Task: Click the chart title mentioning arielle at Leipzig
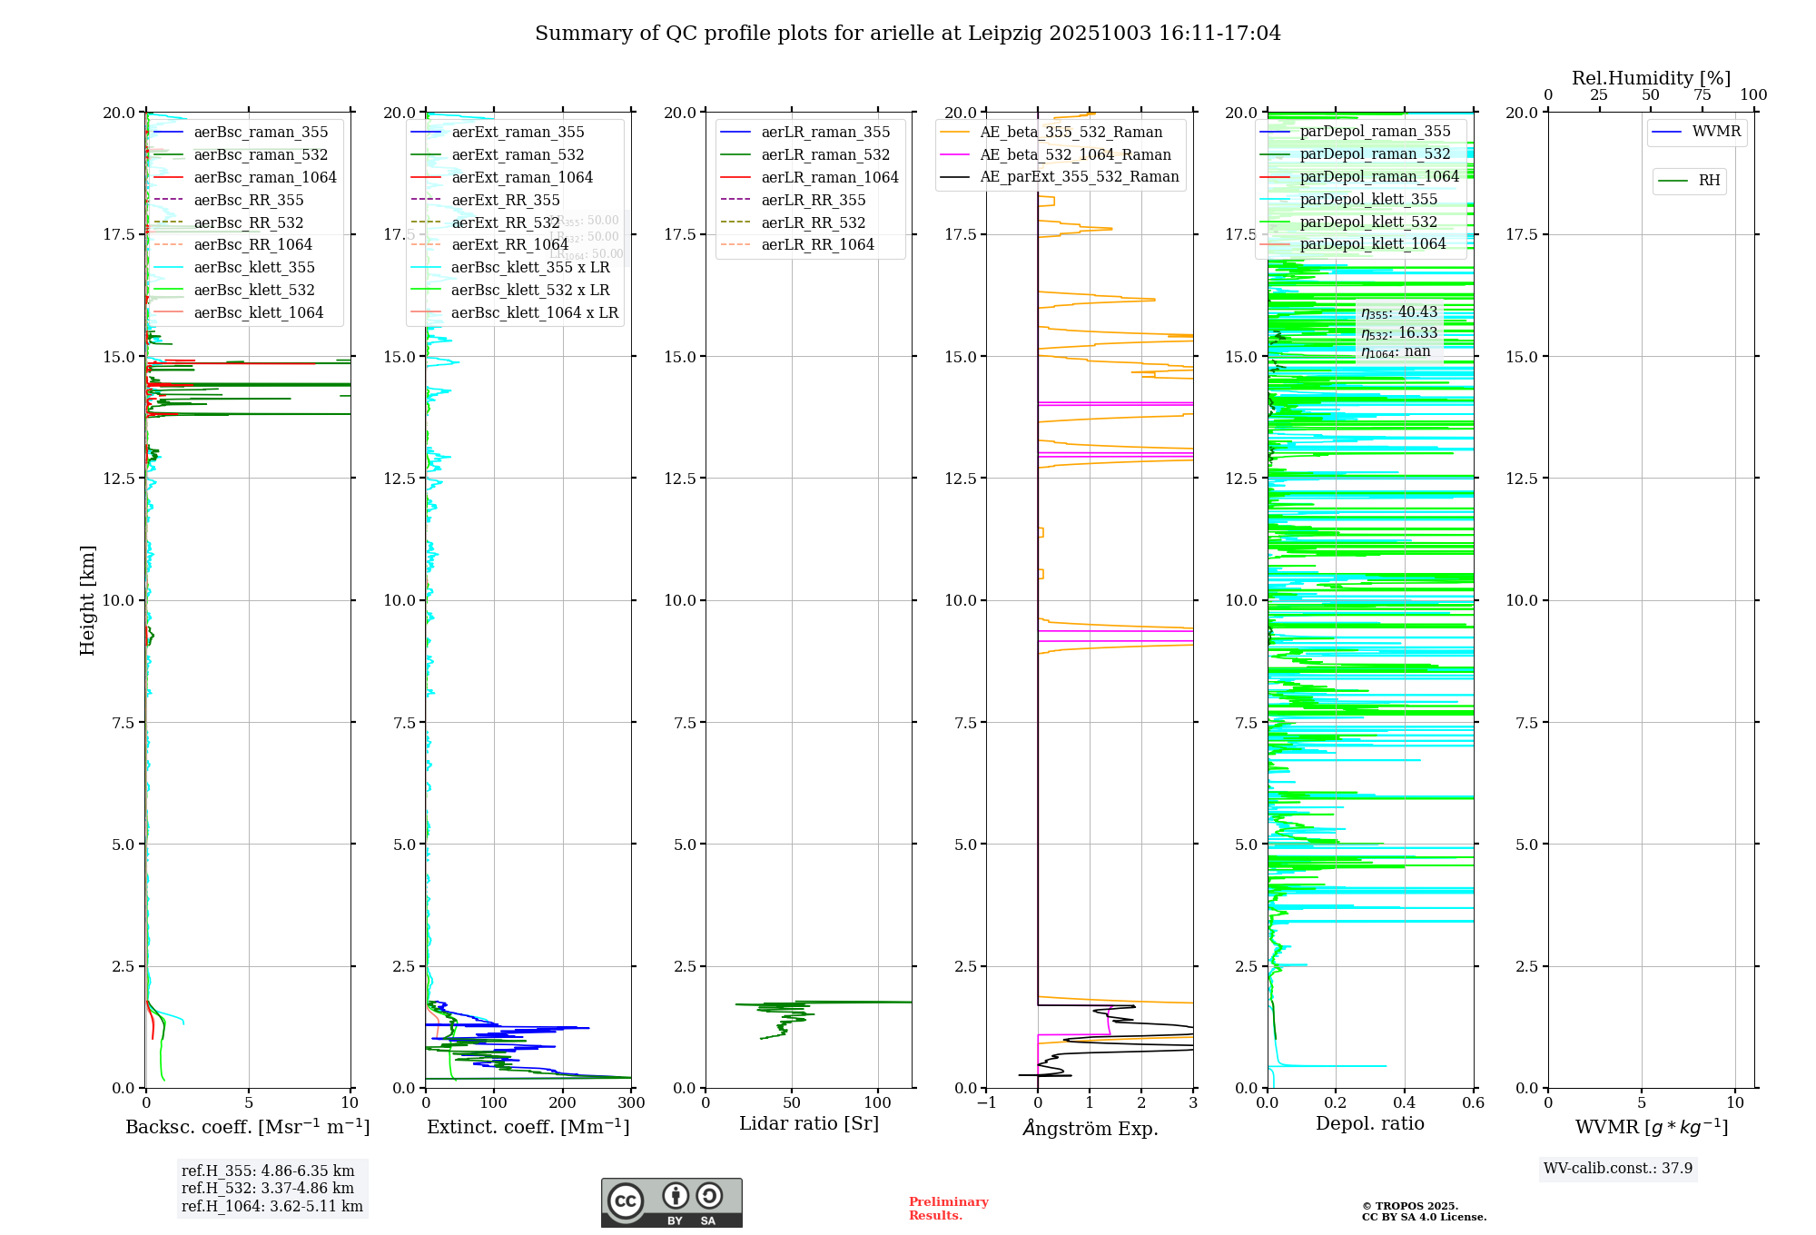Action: [x=907, y=34]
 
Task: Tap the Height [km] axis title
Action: [x=87, y=600]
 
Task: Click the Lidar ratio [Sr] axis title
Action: [x=808, y=1124]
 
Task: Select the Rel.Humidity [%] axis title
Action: [x=1651, y=79]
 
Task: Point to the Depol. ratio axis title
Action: [x=1369, y=1124]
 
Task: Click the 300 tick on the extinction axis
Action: [x=631, y=1103]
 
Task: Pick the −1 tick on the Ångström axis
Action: [x=986, y=1103]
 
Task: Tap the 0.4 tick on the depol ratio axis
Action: [x=1404, y=1103]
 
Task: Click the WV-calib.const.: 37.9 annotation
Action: [x=1617, y=1169]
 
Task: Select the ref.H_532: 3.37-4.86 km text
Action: [x=268, y=1189]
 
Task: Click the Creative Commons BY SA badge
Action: [x=671, y=1203]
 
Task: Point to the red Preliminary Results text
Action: [x=948, y=1209]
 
